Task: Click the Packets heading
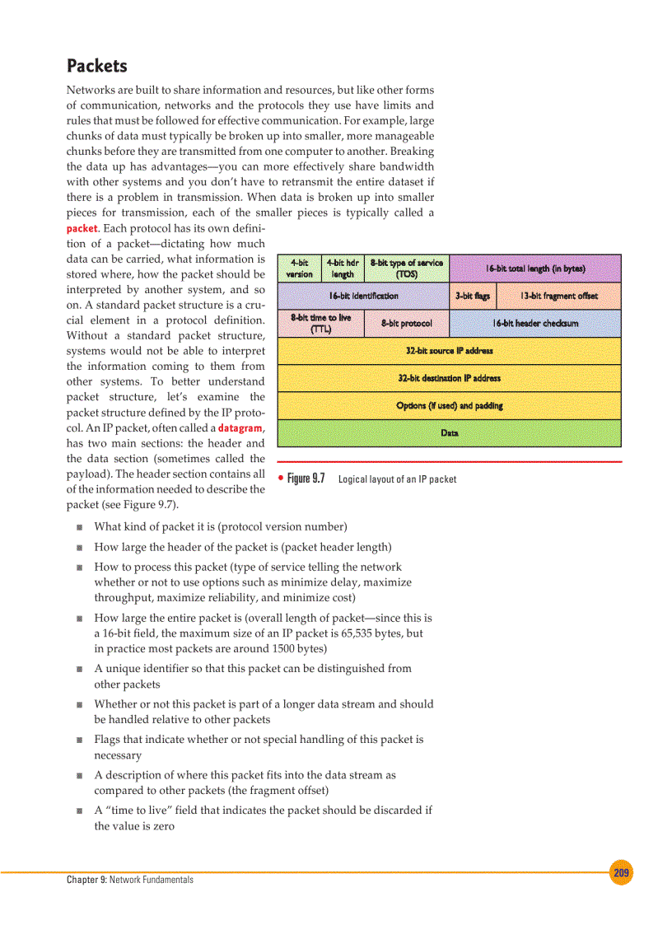pos(96,65)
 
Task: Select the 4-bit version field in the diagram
pos(299,269)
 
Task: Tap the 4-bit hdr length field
pos(342,269)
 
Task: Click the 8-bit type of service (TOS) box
pos(406,269)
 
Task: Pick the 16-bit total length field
pos(534,269)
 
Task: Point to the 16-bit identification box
pos(363,296)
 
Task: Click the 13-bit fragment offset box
pos(558,296)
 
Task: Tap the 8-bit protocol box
pos(406,323)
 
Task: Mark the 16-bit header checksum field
pos(534,323)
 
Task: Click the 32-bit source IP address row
pos(449,351)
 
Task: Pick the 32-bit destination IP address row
pos(449,378)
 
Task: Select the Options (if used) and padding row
pos(449,405)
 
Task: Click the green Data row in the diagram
pos(449,432)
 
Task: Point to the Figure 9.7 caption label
pos(306,479)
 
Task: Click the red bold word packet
pos(82,228)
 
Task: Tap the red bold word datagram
pos(240,427)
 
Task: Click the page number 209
pos(621,873)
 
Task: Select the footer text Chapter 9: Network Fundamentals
pos(130,880)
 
